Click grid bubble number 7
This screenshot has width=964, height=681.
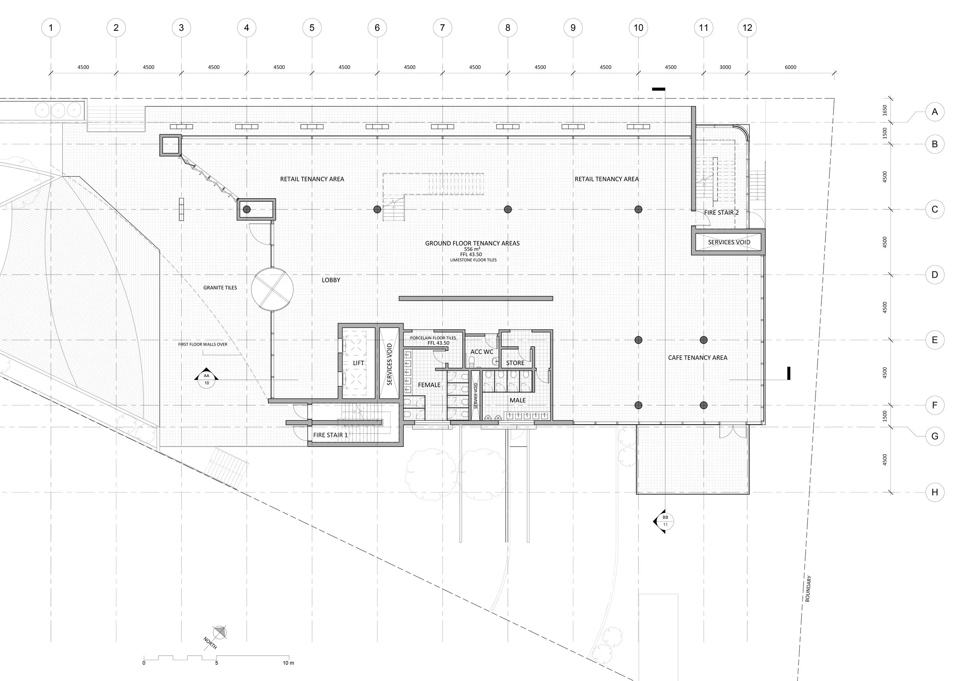click(442, 28)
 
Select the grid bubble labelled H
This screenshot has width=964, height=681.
click(935, 492)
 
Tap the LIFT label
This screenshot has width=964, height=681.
click(358, 363)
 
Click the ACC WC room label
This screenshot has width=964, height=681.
click(482, 351)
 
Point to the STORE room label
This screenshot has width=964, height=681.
click(515, 363)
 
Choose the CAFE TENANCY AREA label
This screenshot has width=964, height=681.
click(698, 358)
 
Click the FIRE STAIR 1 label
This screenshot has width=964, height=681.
click(330, 435)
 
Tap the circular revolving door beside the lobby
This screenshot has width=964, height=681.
click(272, 288)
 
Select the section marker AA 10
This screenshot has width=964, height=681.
click(206, 379)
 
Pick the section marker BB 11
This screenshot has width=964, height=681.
click(665, 521)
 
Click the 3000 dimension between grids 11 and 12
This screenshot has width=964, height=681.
click(725, 67)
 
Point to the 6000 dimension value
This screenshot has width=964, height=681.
click(790, 67)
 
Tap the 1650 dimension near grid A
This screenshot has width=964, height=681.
click(885, 110)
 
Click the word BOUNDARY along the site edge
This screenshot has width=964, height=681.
click(808, 588)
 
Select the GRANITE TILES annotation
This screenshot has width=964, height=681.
click(220, 288)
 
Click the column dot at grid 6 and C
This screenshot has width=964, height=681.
click(377, 209)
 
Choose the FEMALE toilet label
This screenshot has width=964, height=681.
click(429, 384)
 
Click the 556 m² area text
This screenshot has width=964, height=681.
click(472, 249)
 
